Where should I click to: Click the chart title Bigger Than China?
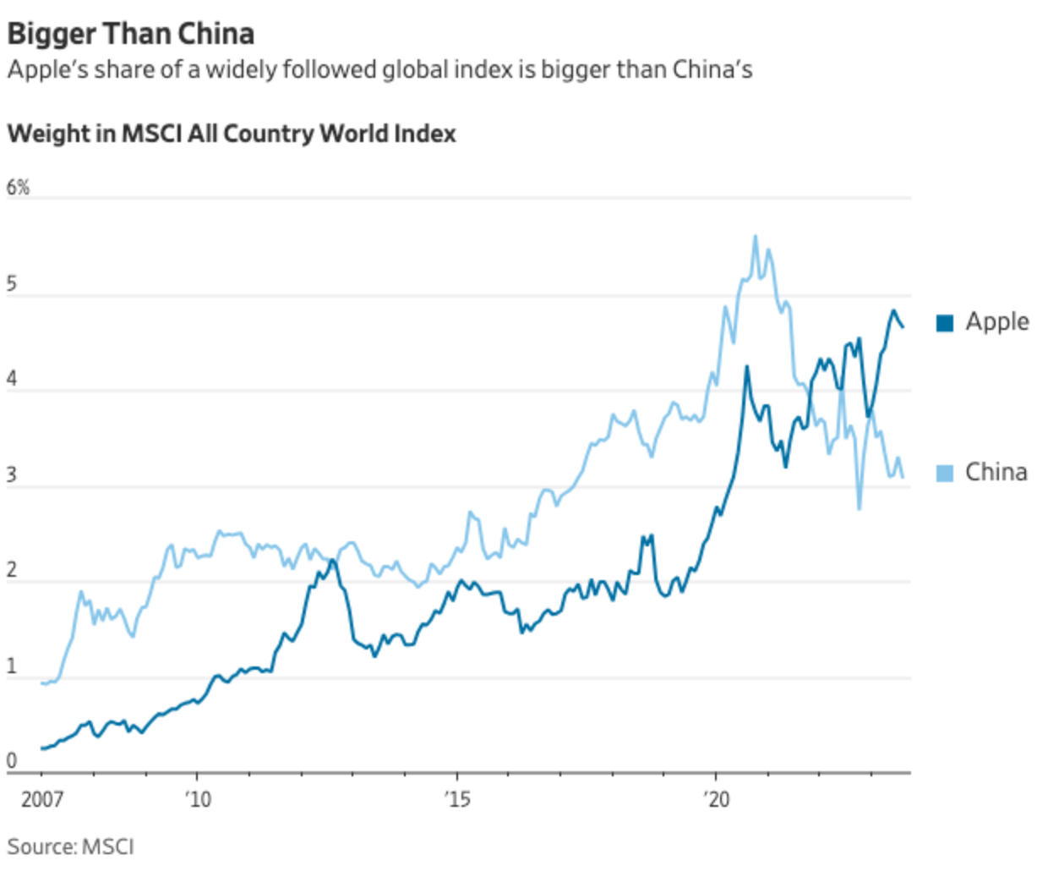click(131, 34)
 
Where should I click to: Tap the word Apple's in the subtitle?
click(47, 69)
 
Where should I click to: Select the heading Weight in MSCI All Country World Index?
click(232, 134)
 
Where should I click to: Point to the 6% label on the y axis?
click(18, 188)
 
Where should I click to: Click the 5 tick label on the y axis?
click(12, 284)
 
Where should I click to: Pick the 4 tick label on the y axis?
click(12, 379)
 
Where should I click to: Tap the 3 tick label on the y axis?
click(12, 475)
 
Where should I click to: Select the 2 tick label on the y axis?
click(12, 571)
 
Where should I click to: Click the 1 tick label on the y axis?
click(12, 666)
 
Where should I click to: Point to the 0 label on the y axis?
click(12, 761)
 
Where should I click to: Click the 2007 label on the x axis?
click(42, 799)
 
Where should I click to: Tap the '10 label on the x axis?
click(198, 799)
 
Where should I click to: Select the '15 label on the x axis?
click(457, 799)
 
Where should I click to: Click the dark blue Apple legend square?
click(945, 322)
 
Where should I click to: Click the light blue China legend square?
click(945, 473)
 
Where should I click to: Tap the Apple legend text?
click(997, 322)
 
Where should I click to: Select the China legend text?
click(996, 472)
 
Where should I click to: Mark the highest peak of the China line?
click(755, 237)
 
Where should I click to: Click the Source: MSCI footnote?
click(71, 847)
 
